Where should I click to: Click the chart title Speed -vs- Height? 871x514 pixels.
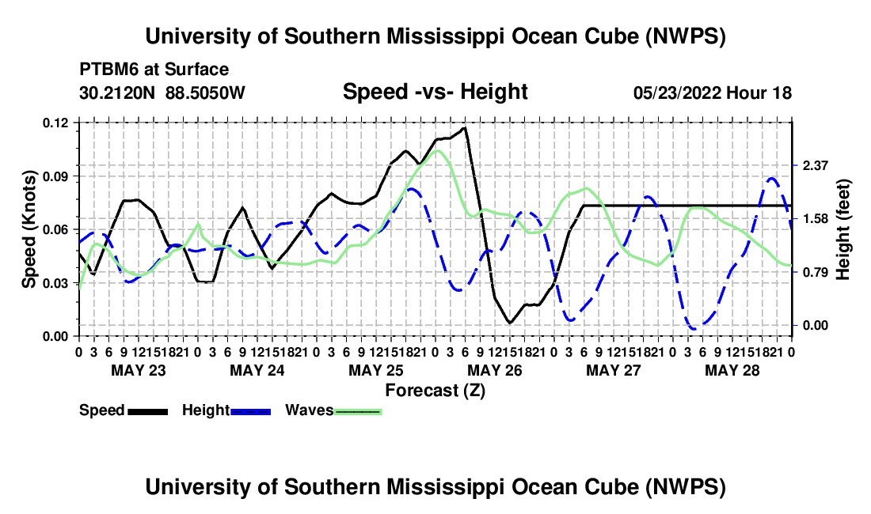435,92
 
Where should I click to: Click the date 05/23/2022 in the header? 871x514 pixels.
677,93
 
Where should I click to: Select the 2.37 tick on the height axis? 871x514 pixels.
816,165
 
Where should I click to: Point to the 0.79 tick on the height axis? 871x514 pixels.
816,272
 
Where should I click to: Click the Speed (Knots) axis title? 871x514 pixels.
29,229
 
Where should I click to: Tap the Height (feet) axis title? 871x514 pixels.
843,229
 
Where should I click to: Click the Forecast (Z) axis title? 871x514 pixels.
435,391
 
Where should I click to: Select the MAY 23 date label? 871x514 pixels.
139,370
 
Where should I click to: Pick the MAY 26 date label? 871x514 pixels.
495,370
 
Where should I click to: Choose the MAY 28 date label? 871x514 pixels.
732,370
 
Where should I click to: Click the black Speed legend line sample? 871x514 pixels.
148,412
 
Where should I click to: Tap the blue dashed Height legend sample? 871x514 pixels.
250,412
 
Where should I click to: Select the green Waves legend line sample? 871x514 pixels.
358,412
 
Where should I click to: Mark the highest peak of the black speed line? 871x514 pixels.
464,127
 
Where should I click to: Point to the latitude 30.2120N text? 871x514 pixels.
117,93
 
